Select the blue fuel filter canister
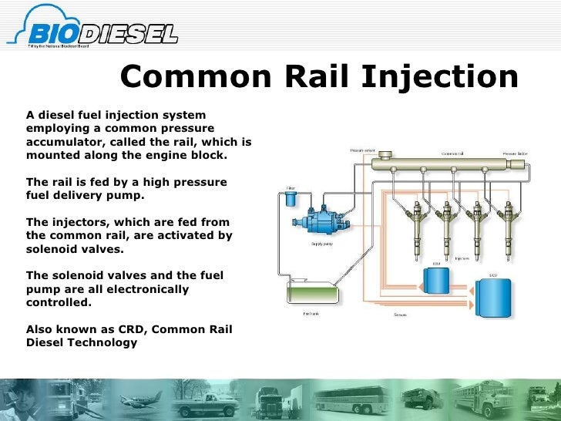click(x=290, y=198)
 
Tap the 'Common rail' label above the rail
click(x=452, y=153)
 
